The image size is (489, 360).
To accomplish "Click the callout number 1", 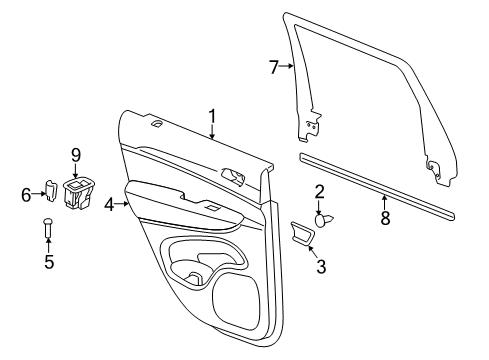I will (x=212, y=116).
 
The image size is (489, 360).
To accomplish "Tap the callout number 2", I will (x=320, y=191).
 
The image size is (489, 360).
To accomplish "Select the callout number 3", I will (x=321, y=266).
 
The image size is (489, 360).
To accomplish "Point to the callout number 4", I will (x=109, y=204).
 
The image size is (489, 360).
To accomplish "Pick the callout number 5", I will (x=47, y=264).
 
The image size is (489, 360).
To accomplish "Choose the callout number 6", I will (x=26, y=194).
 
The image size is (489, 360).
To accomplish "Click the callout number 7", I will (x=273, y=67).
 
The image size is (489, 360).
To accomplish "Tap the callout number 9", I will (x=74, y=154).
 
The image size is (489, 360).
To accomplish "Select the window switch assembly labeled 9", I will (x=76, y=192).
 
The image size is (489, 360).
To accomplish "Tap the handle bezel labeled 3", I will (x=302, y=234).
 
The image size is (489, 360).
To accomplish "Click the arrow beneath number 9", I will (x=74, y=170).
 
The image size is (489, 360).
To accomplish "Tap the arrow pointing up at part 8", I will (x=384, y=197).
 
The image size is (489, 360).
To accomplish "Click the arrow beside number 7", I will (x=287, y=67).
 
